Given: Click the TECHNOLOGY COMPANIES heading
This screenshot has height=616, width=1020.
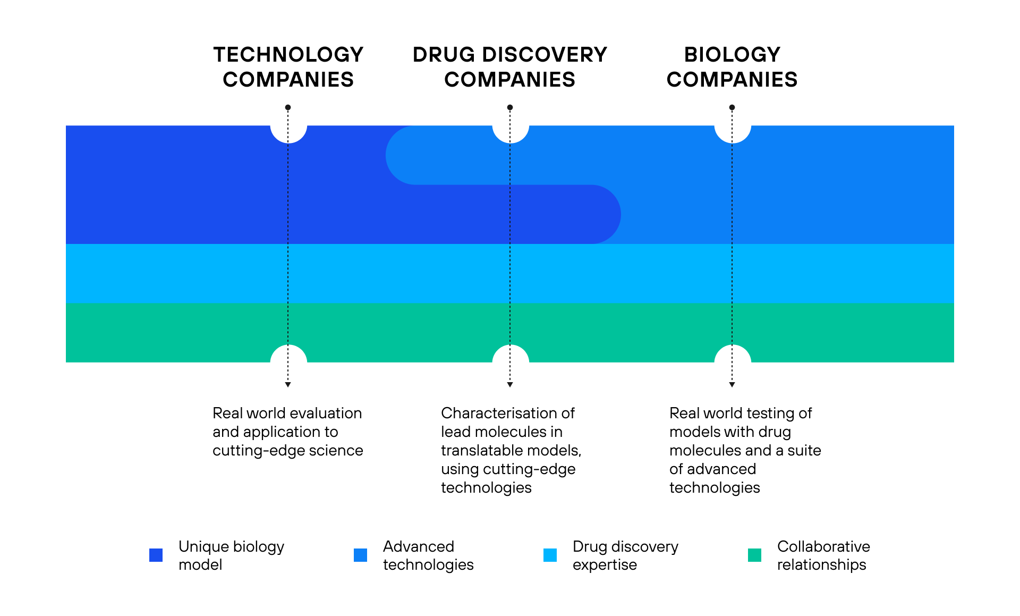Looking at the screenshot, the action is coord(288,67).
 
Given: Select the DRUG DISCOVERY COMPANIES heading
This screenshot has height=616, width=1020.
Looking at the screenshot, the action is coord(510,67).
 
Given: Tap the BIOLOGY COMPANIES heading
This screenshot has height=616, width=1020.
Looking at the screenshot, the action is coord(732,67).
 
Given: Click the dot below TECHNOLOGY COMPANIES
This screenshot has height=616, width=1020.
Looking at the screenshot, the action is coord(288,107).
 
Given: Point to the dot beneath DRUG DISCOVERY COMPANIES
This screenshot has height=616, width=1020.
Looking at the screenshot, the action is coord(510,107).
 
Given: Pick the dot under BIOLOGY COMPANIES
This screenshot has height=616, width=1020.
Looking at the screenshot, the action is coord(732,107).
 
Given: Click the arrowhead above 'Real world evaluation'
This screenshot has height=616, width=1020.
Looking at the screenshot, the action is coord(288,384).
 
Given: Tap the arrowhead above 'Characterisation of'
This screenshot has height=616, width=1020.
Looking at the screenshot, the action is coord(510,384).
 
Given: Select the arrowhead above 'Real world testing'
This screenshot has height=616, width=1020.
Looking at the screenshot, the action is coord(732,384).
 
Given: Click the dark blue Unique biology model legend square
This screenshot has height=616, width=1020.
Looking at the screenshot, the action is coord(156,555).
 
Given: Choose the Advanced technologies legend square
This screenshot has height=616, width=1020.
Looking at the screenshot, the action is coord(360,555).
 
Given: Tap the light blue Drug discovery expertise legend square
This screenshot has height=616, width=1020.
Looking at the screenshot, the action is coord(550,555).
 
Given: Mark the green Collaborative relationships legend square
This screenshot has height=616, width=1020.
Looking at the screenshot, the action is coord(754,555).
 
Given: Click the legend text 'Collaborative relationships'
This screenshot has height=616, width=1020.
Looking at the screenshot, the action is coord(823,555).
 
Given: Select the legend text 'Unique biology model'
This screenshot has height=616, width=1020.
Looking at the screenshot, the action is coord(231,555).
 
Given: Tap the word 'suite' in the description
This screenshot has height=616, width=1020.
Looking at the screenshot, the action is coord(804,450).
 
